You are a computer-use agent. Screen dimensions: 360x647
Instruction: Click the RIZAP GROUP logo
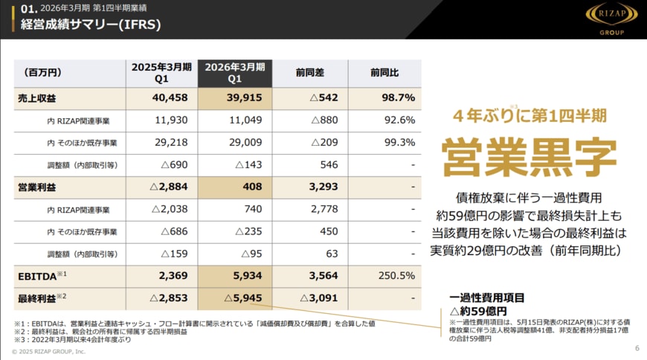(x=611, y=19)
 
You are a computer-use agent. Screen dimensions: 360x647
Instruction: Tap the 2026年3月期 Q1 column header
(x=235, y=72)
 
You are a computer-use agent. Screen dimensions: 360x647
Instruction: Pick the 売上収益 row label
(x=33, y=98)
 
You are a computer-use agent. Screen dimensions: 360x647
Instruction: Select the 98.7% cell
(x=399, y=98)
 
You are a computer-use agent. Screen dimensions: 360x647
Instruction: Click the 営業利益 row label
(x=33, y=187)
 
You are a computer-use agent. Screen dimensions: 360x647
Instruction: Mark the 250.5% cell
(x=396, y=276)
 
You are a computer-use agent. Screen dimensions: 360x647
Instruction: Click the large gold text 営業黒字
(x=529, y=156)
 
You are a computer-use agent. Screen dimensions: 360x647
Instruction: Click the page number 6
(x=637, y=347)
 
